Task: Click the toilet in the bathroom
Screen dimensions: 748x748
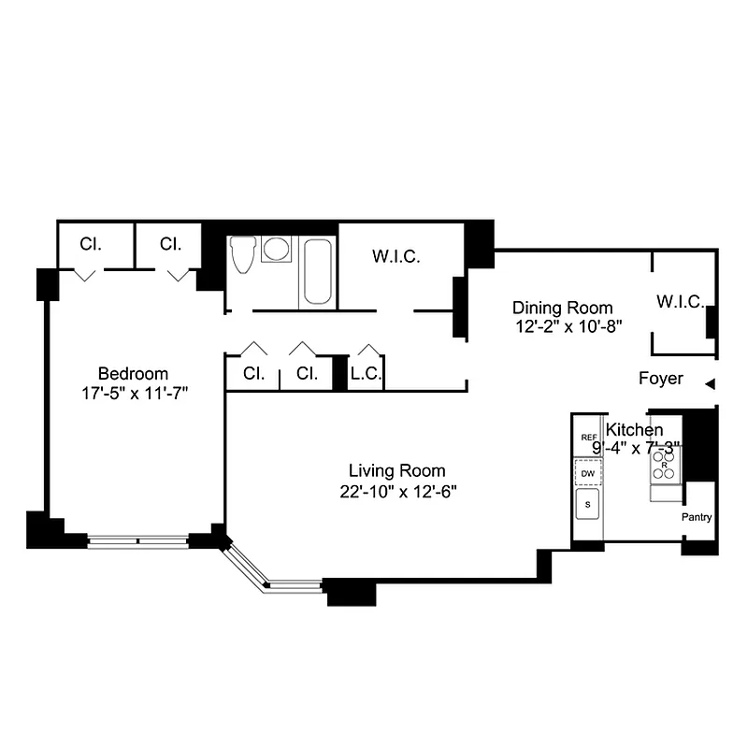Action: click(242, 254)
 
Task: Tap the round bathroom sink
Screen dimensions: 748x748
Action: click(276, 249)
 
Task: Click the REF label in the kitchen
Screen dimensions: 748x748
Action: click(588, 438)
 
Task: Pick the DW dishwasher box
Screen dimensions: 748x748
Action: click(588, 474)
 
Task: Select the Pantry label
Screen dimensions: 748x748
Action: click(697, 518)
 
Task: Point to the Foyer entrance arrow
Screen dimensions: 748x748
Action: click(710, 383)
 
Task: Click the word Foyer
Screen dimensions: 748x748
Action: click(660, 380)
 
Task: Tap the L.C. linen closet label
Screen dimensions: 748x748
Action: click(365, 374)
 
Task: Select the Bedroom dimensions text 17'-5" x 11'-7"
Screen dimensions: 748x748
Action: click(136, 394)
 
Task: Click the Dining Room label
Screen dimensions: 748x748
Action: click(562, 308)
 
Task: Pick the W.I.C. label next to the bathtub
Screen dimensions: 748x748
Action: click(396, 256)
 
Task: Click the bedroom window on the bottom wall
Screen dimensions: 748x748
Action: click(137, 539)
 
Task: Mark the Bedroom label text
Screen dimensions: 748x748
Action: click(135, 372)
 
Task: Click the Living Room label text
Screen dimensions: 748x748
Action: click(396, 470)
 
